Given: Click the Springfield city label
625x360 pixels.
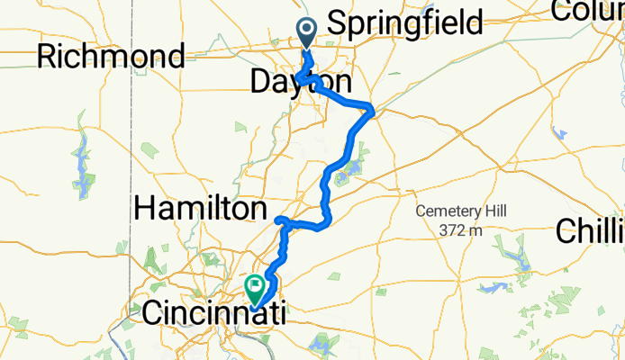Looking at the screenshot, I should tap(404, 22).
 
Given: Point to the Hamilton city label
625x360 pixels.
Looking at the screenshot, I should tap(203, 210).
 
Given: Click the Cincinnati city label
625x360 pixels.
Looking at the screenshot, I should tap(214, 313).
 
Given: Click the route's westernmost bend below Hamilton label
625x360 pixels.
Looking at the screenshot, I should tap(278, 220).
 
